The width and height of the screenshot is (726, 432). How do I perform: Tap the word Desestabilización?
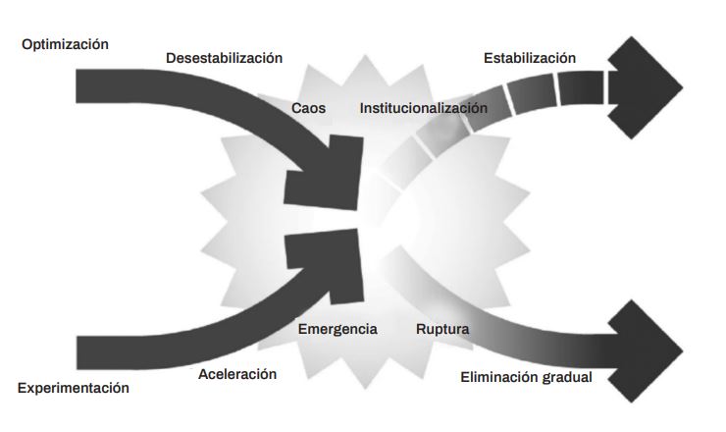pos(224,58)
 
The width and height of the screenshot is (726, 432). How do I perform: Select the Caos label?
pos(308,107)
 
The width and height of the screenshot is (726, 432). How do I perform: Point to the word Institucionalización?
pos(423,107)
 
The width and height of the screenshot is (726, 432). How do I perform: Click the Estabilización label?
pos(530,58)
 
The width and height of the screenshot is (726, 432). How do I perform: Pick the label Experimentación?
pos(74,388)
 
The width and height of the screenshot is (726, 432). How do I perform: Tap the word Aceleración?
pos(237,374)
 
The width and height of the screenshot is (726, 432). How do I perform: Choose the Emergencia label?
pos(337,329)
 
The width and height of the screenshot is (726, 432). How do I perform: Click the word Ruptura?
pos(442,329)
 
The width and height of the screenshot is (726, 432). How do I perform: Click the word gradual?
pos(563,376)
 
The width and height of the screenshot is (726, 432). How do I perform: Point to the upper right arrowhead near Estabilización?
pos(648,85)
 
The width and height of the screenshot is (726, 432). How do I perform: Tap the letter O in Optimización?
pos(27,44)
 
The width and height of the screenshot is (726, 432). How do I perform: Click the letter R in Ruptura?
pos(420,329)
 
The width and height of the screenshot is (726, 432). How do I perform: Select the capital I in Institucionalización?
pos(362,107)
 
